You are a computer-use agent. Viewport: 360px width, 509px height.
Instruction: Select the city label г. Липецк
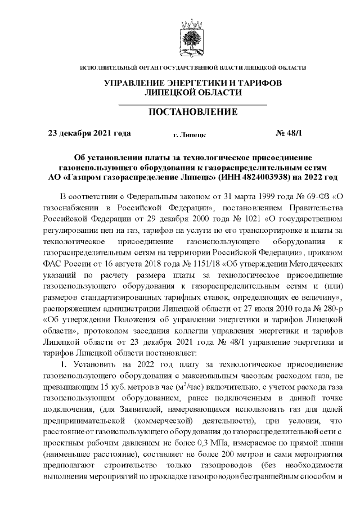click(190, 135)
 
